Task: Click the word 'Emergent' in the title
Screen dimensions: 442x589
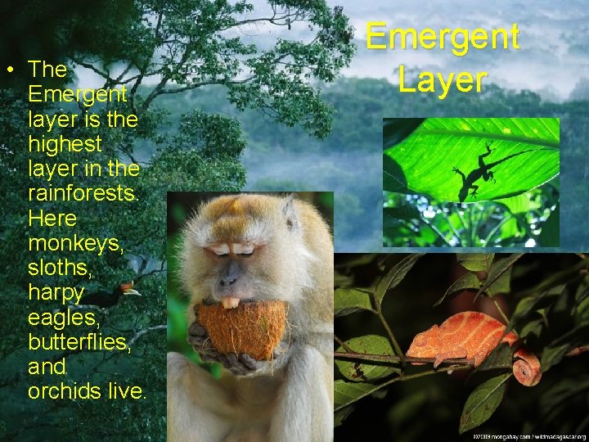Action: point(442,37)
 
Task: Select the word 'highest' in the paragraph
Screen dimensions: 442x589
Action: point(65,144)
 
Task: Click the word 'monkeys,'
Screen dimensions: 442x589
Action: point(75,244)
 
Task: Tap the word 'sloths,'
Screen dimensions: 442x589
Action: point(58,268)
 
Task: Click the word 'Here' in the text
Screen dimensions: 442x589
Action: point(52,219)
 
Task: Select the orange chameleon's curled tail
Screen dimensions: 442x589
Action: point(528,367)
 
